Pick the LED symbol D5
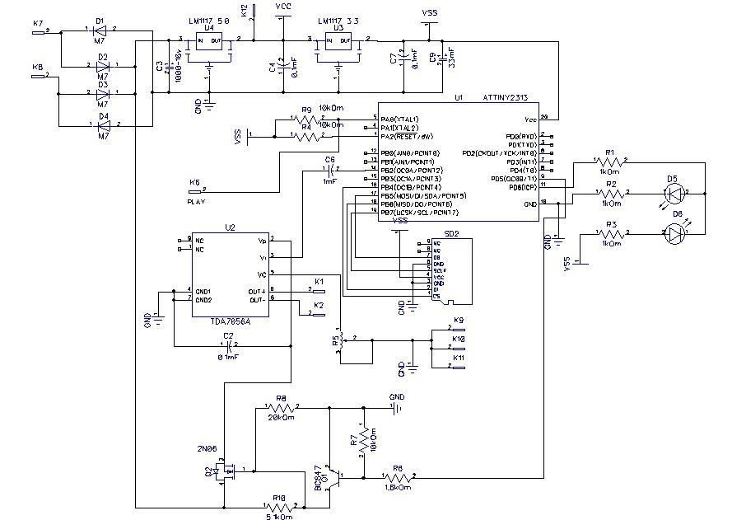click(675, 194)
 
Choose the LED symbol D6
click(677, 234)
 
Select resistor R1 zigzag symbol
click(610, 163)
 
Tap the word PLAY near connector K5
click(197, 201)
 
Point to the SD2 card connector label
click(451, 234)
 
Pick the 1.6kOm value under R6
click(398, 488)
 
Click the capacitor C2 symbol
click(230, 345)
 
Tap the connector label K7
click(37, 22)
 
